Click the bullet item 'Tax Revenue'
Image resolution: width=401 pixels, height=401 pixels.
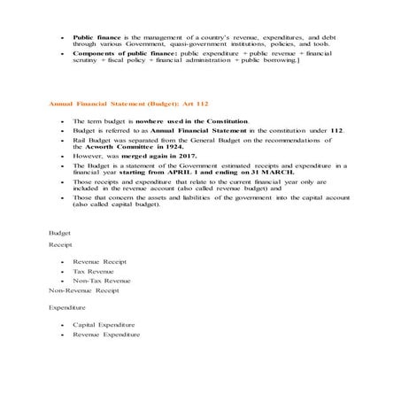[94, 271]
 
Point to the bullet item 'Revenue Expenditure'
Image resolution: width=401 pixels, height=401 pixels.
[107, 335]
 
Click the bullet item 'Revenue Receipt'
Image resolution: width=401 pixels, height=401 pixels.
[99, 262]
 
